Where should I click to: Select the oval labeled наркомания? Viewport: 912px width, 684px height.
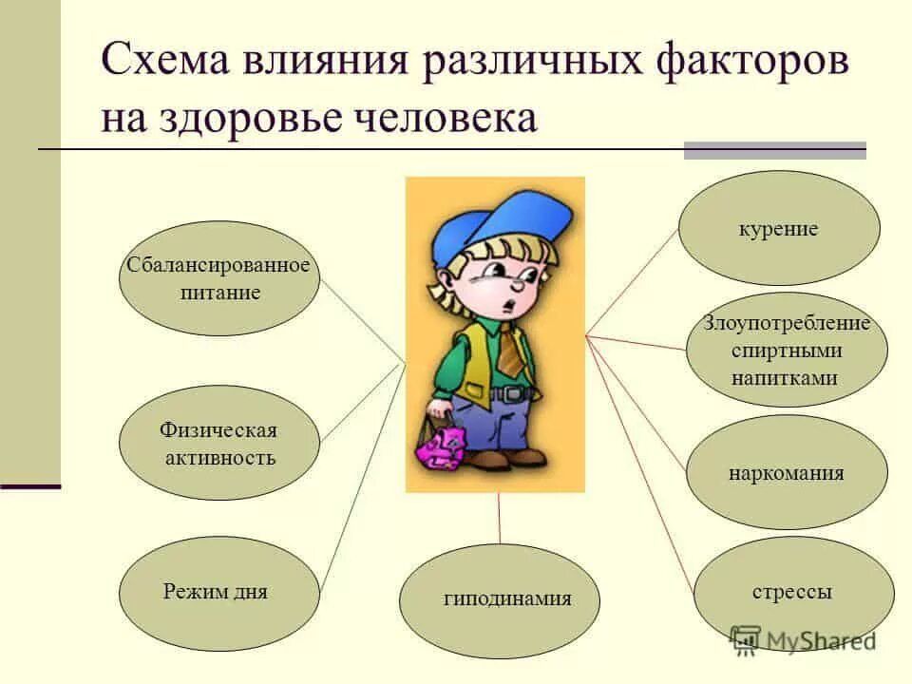pyautogui.click(x=787, y=472)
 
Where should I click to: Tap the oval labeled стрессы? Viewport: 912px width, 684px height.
pyautogui.click(x=793, y=593)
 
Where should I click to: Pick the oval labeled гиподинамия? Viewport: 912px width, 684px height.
pyautogui.click(x=499, y=600)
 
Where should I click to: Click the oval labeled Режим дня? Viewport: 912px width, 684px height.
pyautogui.click(x=219, y=593)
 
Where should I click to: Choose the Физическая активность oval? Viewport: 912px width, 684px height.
pyautogui.click(x=219, y=443)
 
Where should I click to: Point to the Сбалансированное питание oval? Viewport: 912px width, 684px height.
pyautogui.click(x=219, y=278)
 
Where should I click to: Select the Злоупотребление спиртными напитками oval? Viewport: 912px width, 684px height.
pyautogui.click(x=787, y=351)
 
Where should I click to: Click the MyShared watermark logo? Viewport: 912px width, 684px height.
pyautogui.click(x=803, y=641)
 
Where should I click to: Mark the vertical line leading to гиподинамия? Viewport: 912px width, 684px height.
pyautogui.click(x=499, y=519)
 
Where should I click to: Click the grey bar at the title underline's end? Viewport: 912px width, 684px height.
pyautogui.click(x=775, y=151)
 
